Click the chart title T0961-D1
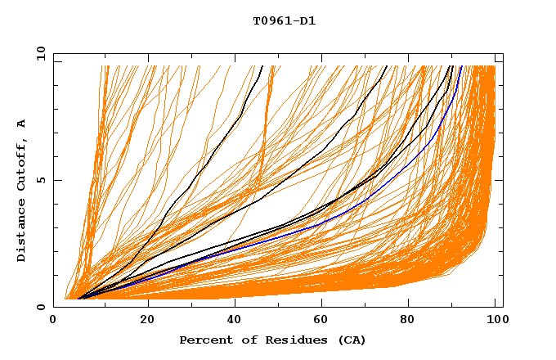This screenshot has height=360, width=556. pos(284,21)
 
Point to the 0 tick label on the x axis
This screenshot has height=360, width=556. pos(54,320)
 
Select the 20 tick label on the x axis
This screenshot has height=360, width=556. pos(147,320)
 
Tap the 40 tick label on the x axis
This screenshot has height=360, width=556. pos(235,320)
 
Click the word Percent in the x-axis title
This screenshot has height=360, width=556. pos(204,340)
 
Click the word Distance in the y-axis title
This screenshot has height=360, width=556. pos(22,232)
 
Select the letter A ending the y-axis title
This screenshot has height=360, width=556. pos(22,124)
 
